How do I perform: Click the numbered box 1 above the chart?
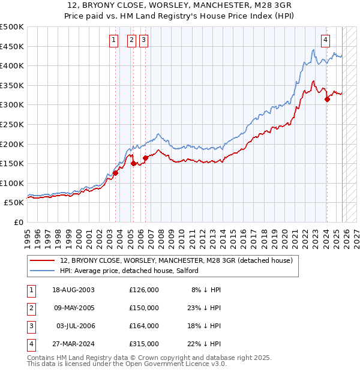pos(114,40)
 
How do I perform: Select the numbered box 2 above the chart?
pos(131,40)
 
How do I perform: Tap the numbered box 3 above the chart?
pos(144,40)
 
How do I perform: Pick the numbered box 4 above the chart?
pos(325,40)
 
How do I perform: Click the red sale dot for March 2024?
pos(327,100)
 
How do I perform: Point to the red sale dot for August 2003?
pos(116,173)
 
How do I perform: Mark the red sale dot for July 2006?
pos(145,158)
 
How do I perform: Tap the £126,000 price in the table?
pos(143,289)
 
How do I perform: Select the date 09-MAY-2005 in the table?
pos(74,308)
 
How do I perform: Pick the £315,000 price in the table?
pos(143,344)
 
